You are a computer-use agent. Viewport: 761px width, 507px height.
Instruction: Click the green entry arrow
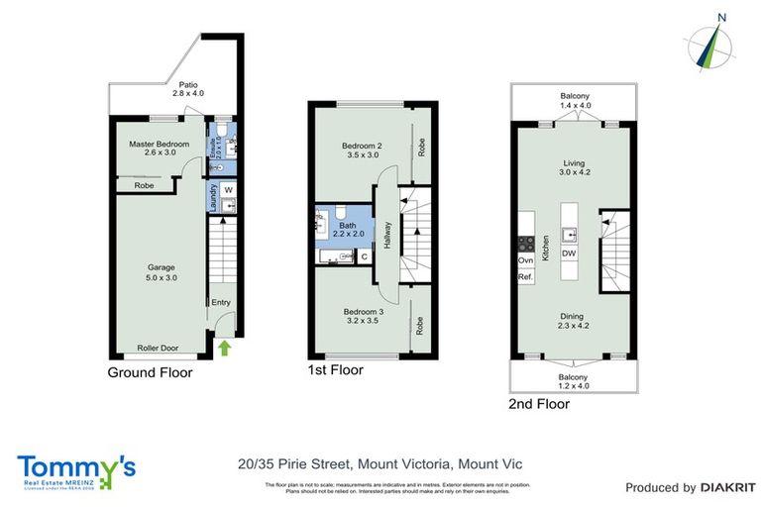(x=224, y=348)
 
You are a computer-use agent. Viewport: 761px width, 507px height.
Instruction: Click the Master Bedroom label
(x=159, y=149)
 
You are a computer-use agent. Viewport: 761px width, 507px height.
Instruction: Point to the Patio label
(x=186, y=89)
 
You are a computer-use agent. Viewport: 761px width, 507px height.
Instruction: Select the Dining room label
(x=573, y=320)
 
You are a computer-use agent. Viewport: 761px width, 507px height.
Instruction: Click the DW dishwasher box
(x=569, y=253)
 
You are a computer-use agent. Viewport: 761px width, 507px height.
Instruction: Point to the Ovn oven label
(x=524, y=260)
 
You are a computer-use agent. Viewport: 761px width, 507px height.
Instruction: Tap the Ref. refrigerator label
(x=524, y=277)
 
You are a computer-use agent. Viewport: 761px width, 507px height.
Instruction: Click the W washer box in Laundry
(x=227, y=189)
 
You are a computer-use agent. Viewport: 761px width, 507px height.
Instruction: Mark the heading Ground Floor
(x=150, y=372)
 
